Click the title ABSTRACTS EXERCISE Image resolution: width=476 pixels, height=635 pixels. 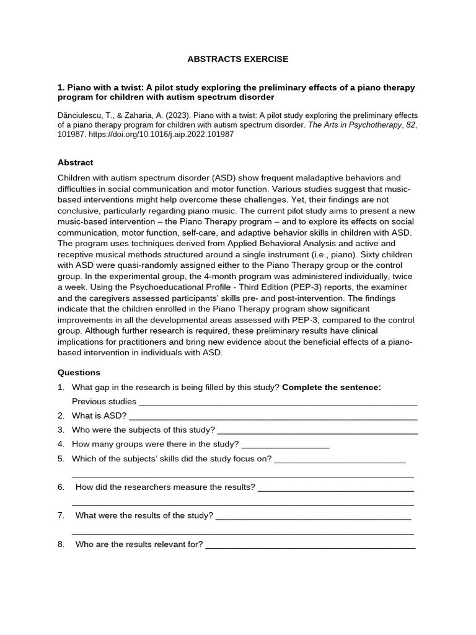[238, 60]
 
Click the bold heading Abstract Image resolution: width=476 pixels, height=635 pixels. [75, 162]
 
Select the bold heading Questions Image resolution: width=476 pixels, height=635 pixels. [79, 373]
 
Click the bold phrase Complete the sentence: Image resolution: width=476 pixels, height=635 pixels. [332, 388]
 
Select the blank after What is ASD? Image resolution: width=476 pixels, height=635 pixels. [273, 417]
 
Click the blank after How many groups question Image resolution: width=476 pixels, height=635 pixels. [285, 445]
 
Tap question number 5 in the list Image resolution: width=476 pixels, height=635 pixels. [61, 459]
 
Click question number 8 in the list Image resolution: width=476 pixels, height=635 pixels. [61, 544]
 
